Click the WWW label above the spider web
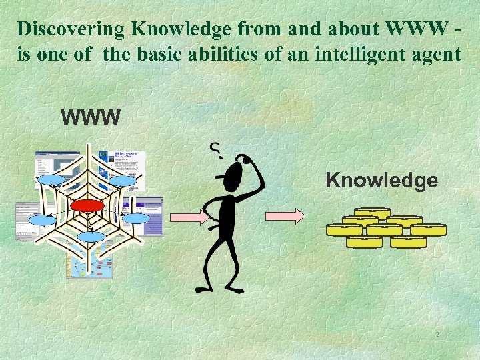tap(91, 119)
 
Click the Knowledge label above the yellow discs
tap(381, 180)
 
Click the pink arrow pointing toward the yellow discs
tap(285, 215)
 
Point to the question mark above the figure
tap(216, 151)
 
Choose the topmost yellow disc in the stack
tap(372, 214)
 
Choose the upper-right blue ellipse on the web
tap(123, 181)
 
